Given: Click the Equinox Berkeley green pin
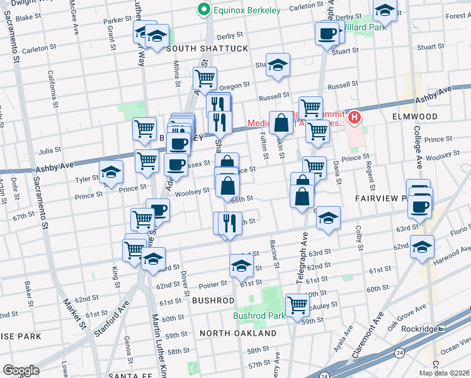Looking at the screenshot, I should [203, 9].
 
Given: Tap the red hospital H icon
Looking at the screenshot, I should [355, 117].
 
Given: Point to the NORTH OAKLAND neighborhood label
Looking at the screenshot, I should [238, 333].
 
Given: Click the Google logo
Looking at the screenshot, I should [20, 370].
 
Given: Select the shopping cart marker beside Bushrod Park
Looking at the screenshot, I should [297, 306].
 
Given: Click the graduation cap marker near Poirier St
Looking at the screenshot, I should [241, 265].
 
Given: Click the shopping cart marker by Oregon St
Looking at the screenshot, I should [205, 79].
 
